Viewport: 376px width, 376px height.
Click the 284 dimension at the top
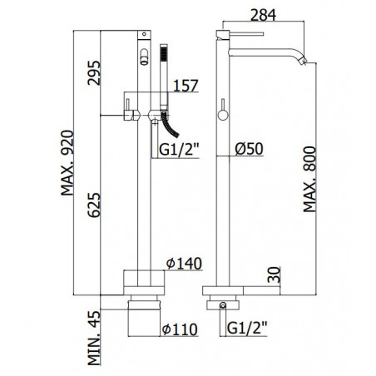[x=263, y=15]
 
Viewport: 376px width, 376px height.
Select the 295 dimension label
[x=93, y=72]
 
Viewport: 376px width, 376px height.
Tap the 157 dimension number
[x=186, y=86]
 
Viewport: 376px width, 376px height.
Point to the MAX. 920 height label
[x=67, y=163]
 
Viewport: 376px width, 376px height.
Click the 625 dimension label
[x=93, y=205]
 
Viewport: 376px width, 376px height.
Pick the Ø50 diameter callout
[x=249, y=149]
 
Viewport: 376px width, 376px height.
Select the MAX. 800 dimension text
[x=309, y=180]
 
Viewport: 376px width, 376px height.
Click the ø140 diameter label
[x=184, y=264]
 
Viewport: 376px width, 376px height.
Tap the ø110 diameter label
[x=180, y=329]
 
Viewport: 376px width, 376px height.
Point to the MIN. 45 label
[x=94, y=338]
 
